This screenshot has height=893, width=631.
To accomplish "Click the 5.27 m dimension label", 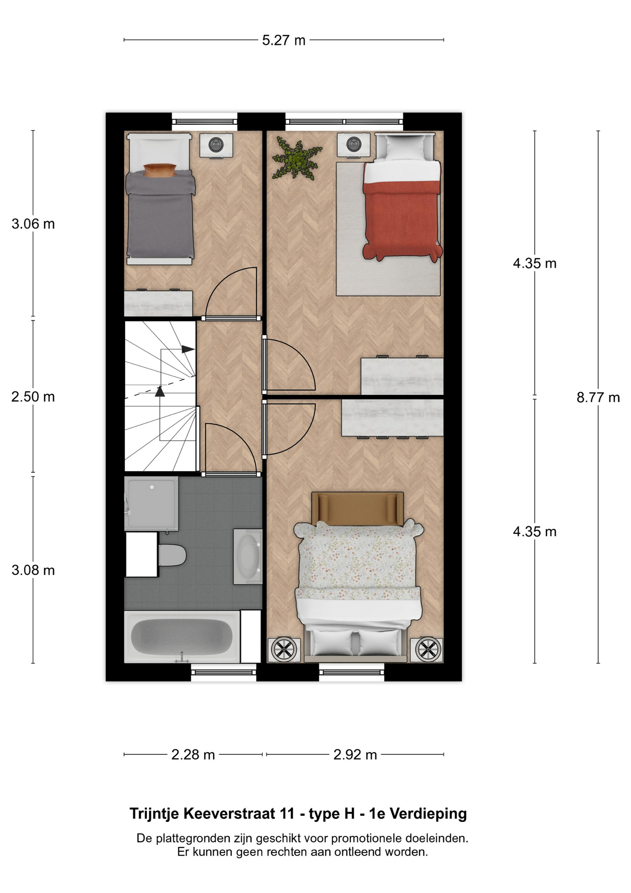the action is pos(283,40).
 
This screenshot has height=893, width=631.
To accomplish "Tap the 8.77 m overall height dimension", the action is pos(598,397).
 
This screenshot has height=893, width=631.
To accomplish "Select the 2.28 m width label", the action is pos(193,754).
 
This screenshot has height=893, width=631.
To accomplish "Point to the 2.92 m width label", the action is pos(355,754).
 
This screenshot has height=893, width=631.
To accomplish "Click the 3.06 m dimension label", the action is pos(33,224).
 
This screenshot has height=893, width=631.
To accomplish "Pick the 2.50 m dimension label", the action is pos(33,397).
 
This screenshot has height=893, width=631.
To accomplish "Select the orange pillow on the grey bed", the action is pos(160,170).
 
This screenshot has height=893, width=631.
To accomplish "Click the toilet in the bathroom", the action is pos(172,555).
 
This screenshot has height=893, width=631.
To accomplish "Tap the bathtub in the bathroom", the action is pos(182,637).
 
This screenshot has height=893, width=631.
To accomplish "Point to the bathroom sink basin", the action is pos(247,556).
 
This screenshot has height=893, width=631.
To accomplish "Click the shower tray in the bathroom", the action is pos(151,504).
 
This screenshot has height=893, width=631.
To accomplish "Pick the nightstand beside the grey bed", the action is pos(217,145).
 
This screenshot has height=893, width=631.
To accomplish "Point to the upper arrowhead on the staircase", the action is pos(188,349).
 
